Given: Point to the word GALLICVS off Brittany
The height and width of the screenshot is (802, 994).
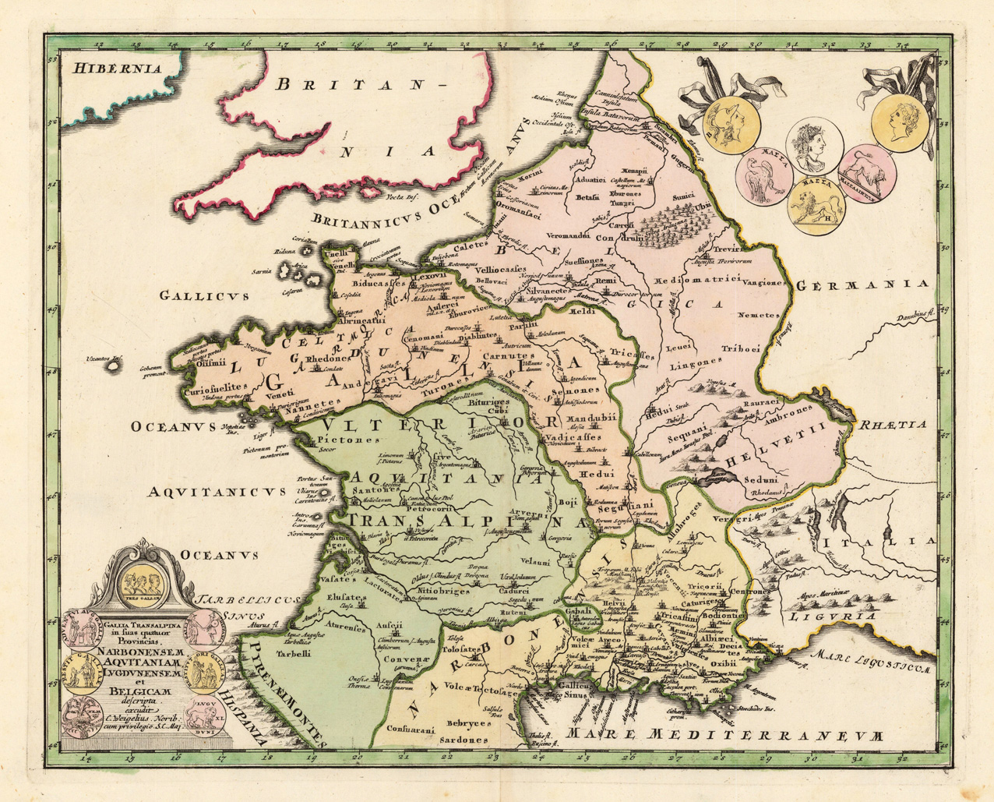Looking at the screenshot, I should pyautogui.click(x=203, y=295).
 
